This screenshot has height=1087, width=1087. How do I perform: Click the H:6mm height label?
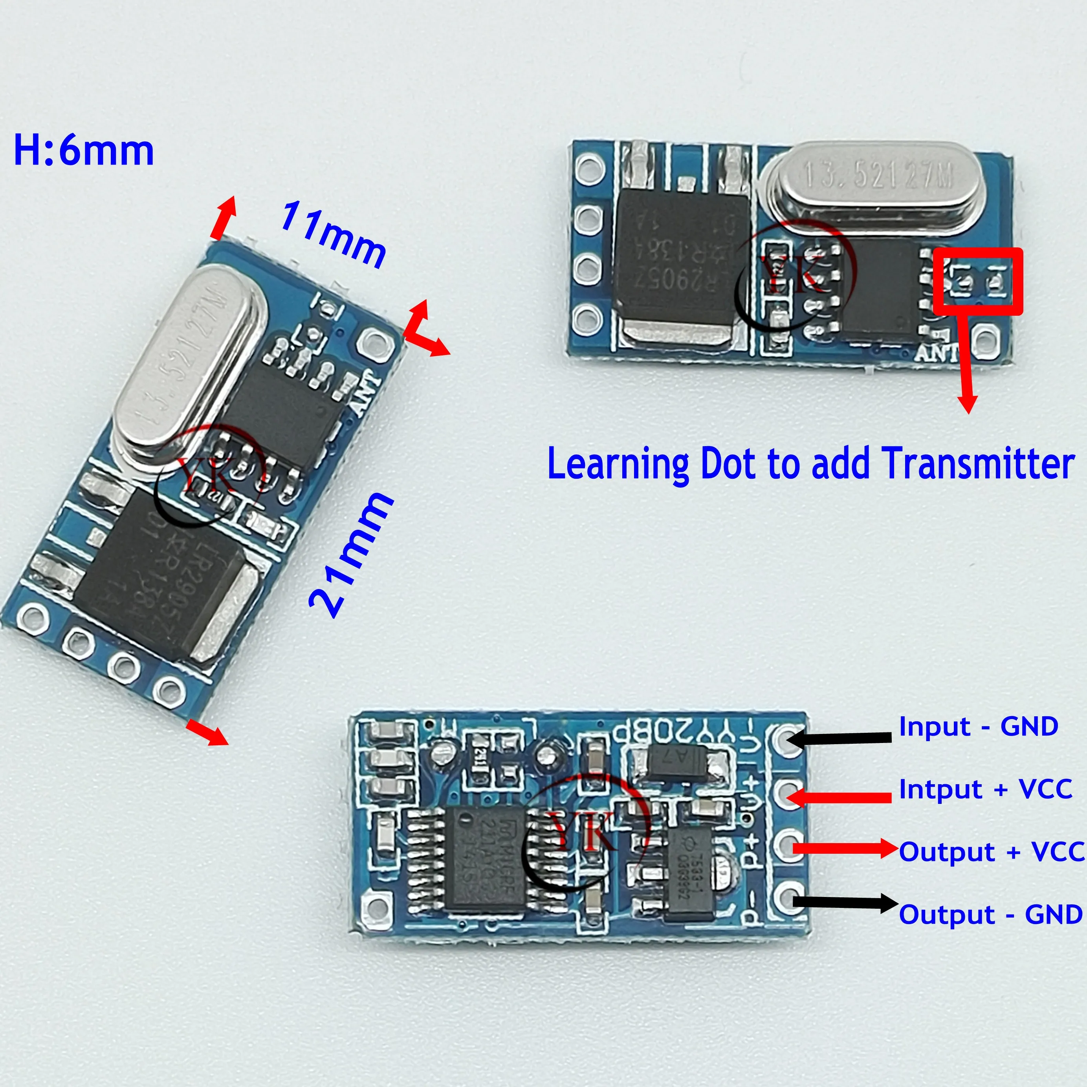(83, 151)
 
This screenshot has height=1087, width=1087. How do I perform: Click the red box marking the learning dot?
(977, 281)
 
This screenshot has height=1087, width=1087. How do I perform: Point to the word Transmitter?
(978, 464)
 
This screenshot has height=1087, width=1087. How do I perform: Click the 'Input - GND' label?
(978, 726)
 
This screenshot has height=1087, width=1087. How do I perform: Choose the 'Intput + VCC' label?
(985, 789)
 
